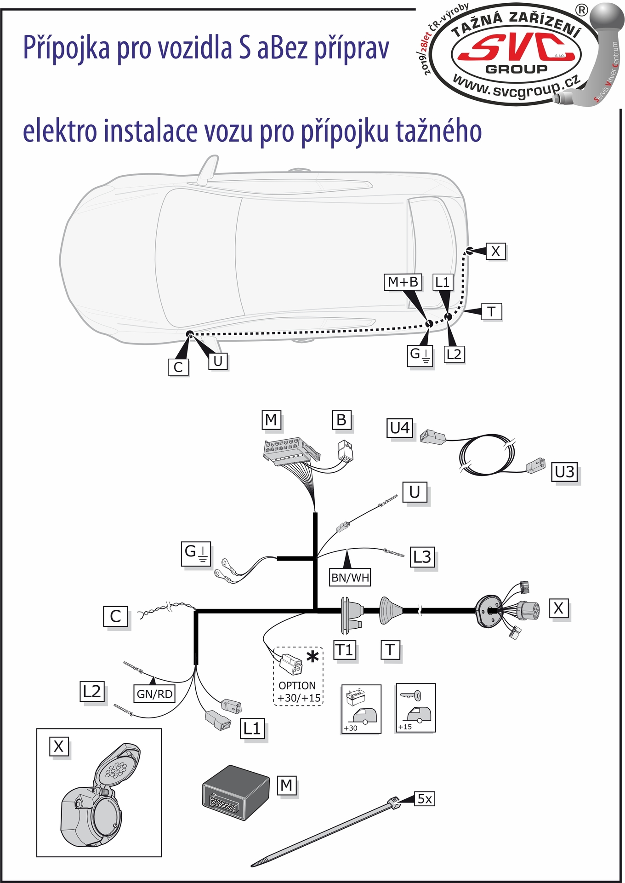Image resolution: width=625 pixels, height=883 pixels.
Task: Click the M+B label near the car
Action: point(403,282)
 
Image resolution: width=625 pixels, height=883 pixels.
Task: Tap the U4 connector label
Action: point(399,428)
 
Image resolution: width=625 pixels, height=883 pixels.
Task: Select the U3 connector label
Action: point(564,472)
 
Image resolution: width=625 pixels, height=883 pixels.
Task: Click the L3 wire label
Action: point(422,557)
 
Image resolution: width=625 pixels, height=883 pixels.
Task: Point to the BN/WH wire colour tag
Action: point(350,577)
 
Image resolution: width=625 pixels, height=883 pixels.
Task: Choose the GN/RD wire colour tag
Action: point(154,694)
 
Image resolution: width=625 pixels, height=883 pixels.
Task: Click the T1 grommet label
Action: point(344,650)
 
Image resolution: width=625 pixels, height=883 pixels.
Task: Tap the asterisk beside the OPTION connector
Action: point(312,657)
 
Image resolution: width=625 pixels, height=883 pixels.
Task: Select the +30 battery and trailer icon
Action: point(361,709)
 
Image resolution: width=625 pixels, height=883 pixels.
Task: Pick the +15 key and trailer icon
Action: point(415,707)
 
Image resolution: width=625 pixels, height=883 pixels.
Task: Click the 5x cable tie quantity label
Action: point(425,799)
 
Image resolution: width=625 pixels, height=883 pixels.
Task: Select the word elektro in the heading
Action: point(60,132)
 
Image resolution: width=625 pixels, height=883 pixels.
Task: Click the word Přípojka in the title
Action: point(66,48)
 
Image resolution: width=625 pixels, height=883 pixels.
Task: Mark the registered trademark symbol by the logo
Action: point(581,10)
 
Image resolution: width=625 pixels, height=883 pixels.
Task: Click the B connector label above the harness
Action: point(341,420)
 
